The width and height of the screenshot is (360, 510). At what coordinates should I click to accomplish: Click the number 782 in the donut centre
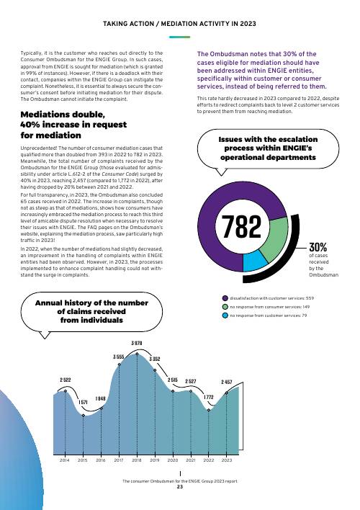pos(241,226)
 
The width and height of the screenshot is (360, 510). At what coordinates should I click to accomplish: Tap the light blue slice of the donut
pos(255,261)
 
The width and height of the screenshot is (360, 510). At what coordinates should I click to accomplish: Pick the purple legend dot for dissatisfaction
pos(225,298)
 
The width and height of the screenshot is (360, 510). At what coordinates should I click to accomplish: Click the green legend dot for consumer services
pos(225,307)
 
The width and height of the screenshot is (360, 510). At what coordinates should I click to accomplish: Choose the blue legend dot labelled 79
pos(225,316)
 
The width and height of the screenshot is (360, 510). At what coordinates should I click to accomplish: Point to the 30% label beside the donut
pos(318,247)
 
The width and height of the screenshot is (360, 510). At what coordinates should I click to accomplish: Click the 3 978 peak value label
pos(137,343)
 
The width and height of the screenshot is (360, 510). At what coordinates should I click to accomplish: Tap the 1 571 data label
pos(84,403)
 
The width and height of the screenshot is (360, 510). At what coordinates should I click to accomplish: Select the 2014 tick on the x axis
pos(64,460)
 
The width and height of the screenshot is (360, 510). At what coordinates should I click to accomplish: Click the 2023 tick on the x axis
pos(227,460)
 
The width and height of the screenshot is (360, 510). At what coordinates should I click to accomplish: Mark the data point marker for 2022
pos(209,410)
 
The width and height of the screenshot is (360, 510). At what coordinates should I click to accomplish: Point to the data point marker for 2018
pos(137,354)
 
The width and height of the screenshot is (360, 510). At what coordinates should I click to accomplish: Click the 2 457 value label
pos(227,382)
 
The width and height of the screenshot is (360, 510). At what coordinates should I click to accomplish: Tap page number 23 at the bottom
pos(180,486)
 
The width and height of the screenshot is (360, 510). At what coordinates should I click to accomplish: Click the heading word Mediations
pos(45,115)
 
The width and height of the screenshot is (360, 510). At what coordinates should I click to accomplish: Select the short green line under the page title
pos(179,37)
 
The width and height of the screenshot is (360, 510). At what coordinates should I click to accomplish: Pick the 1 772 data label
pos(209,398)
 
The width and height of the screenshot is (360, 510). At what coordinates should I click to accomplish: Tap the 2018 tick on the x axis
pos(137,460)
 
